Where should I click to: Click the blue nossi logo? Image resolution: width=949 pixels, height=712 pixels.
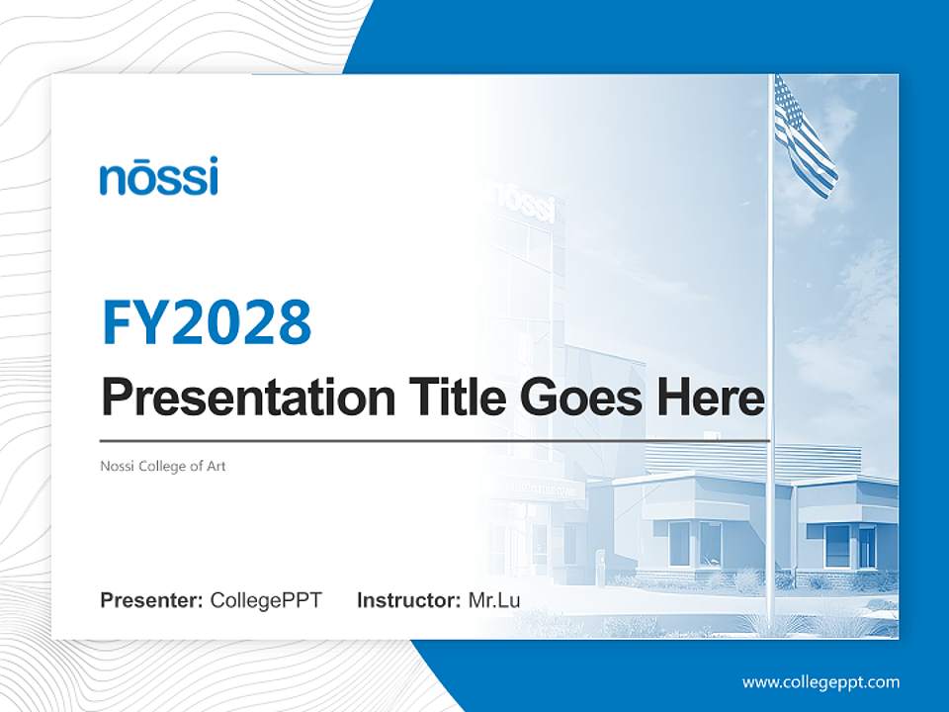pyautogui.click(x=158, y=177)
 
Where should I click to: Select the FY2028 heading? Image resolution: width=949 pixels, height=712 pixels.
pyautogui.click(x=207, y=322)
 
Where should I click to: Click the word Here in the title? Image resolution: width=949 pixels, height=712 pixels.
pyautogui.click(x=710, y=397)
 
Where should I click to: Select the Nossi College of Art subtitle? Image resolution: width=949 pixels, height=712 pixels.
pyautogui.click(x=163, y=466)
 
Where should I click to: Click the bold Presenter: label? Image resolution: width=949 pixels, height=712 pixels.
pyautogui.click(x=152, y=600)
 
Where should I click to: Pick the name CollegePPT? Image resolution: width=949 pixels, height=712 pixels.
pyautogui.click(x=266, y=600)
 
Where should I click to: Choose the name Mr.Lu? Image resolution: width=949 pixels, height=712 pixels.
pyautogui.click(x=493, y=600)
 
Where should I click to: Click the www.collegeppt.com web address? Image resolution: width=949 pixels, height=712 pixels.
pyautogui.click(x=820, y=682)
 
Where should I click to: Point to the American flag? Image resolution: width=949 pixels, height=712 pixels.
pyautogui.click(x=805, y=138)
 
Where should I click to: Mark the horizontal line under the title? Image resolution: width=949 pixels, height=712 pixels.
pyautogui.click(x=435, y=440)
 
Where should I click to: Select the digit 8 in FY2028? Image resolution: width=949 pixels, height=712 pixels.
pyautogui.click(x=293, y=322)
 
